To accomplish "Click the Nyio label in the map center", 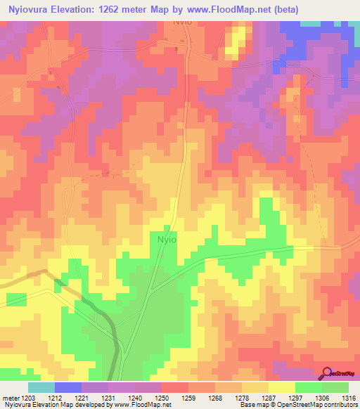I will pyautogui.click(x=167, y=239).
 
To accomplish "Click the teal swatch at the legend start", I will pyautogui.click(x=41, y=387).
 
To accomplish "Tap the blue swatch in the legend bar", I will pyautogui.click(x=68, y=387).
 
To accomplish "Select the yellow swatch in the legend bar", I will pyautogui.click(x=281, y=387).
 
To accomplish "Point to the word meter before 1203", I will pyautogui.click(x=12, y=398).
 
